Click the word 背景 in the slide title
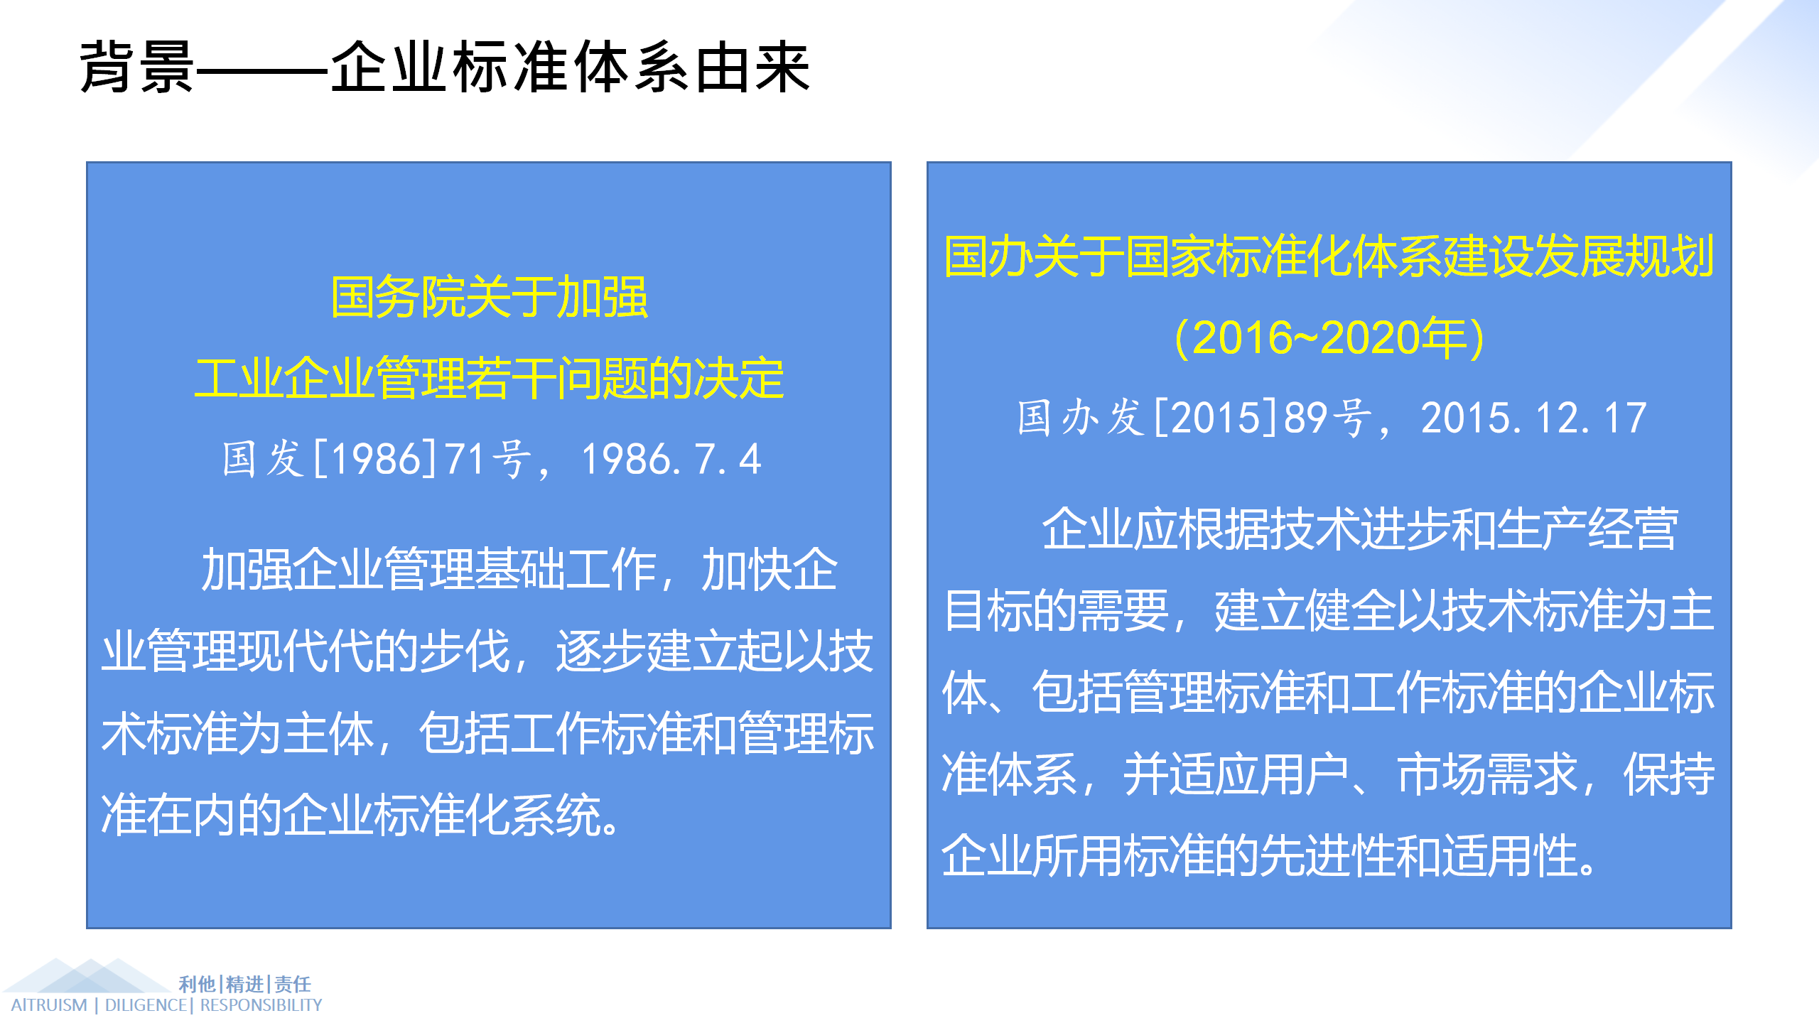click(x=136, y=67)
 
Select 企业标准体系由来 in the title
click(x=570, y=67)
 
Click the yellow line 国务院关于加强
click(x=489, y=297)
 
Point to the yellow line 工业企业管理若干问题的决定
click(x=489, y=378)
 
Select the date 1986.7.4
click(x=671, y=459)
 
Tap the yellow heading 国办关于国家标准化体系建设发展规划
click(x=1329, y=256)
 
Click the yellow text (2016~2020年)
click(x=1329, y=337)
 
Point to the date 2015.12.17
click(x=1533, y=418)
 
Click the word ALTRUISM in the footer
click(x=49, y=1005)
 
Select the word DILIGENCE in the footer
click(x=146, y=1005)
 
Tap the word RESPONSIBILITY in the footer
click(x=261, y=1005)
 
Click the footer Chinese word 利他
click(x=197, y=984)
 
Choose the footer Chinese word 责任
click(x=293, y=984)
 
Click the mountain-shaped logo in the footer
click(x=87, y=976)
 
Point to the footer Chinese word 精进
click(x=245, y=984)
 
